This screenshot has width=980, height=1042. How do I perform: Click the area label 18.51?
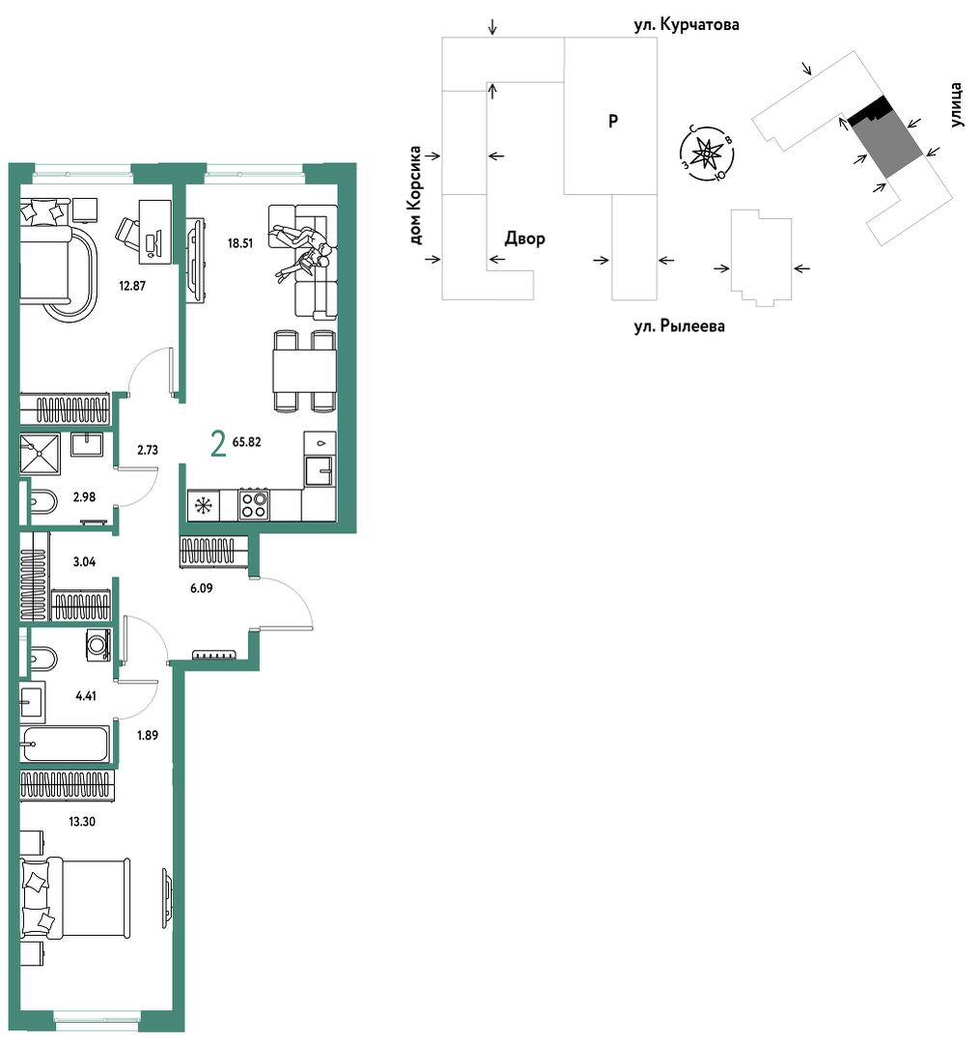click(239, 243)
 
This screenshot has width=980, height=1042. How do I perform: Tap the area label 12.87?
click(132, 286)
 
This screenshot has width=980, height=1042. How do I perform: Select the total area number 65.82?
click(246, 442)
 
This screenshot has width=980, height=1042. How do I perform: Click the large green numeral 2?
click(218, 444)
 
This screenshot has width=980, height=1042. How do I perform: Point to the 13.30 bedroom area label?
click(82, 822)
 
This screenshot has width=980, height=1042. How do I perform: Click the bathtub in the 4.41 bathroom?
click(65, 744)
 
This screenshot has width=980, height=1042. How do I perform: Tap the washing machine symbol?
click(98, 644)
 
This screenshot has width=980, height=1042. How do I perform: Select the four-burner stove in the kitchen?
click(254, 504)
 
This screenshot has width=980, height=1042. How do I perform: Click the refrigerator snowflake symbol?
click(203, 506)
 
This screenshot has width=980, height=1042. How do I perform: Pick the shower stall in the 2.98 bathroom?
click(40, 454)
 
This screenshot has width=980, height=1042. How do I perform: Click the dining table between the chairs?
click(304, 372)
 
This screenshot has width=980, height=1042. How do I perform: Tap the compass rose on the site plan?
click(707, 154)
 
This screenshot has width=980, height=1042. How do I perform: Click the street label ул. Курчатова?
click(686, 24)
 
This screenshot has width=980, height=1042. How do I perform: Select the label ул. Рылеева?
click(679, 326)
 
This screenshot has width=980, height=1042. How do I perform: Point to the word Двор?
click(525, 238)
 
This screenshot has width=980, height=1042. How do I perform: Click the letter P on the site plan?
click(613, 121)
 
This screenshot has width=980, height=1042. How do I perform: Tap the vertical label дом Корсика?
click(415, 195)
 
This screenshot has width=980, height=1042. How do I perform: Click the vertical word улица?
click(956, 104)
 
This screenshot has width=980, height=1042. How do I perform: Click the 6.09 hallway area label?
click(202, 588)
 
